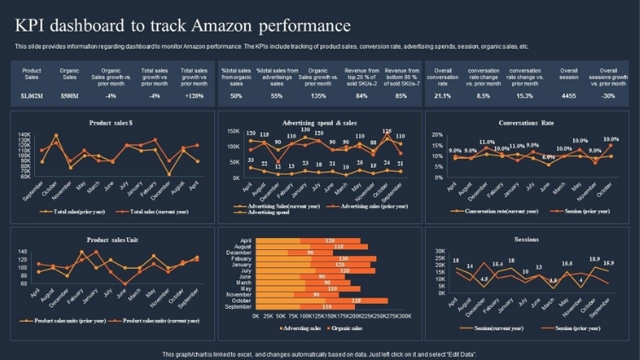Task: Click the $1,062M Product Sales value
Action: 32,96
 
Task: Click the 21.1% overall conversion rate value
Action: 443,96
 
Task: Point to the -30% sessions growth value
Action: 608,96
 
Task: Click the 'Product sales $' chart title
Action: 111,123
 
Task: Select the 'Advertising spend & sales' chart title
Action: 318,123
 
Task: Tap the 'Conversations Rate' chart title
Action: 527,123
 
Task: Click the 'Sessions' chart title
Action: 527,240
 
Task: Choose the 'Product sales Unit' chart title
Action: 111,240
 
